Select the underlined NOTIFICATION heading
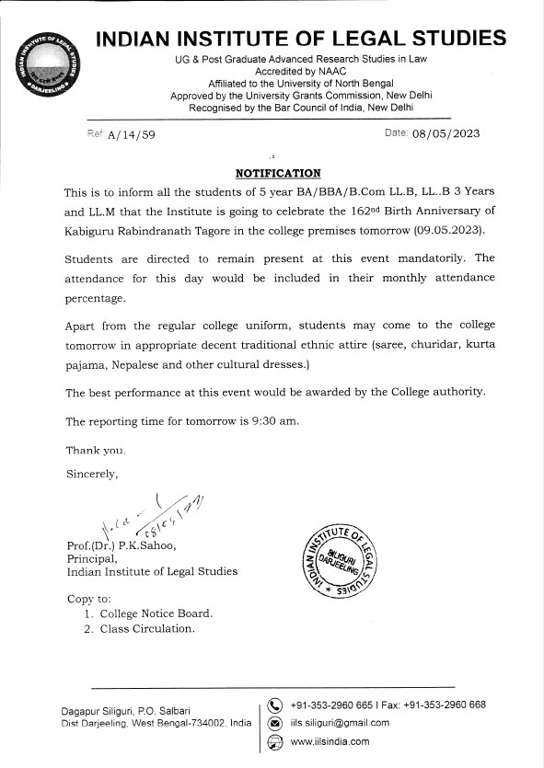tap(278, 173)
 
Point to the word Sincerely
tap(93, 475)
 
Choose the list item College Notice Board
tap(156, 613)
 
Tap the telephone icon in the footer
tap(273, 705)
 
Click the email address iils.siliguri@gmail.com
tap(340, 723)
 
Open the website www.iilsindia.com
tap(330, 741)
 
